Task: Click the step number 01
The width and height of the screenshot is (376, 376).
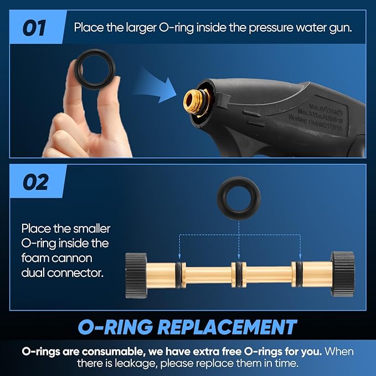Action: click(x=34, y=27)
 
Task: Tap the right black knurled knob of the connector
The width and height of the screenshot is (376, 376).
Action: click(x=342, y=275)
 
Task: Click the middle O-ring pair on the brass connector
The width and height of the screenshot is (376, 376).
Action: click(x=238, y=274)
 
